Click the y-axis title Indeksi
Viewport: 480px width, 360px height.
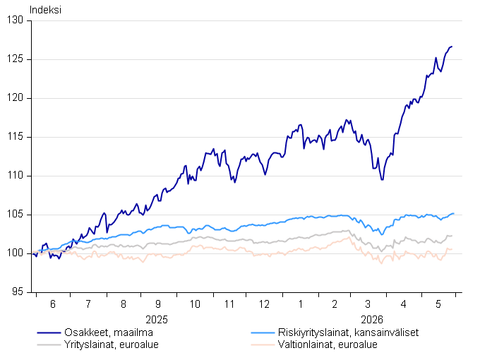[45, 10]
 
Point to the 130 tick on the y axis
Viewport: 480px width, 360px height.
[15, 20]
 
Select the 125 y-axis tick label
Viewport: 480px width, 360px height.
[15, 59]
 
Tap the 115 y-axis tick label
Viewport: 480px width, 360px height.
[15, 137]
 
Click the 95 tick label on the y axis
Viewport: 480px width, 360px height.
[18, 292]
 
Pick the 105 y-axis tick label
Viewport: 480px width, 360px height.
[15, 215]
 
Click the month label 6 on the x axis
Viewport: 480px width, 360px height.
[53, 304]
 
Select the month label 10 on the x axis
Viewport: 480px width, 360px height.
[195, 304]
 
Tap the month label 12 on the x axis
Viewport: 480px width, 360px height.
[264, 304]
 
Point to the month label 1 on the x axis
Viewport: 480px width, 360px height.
[301, 304]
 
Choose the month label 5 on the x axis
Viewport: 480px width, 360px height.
[438, 304]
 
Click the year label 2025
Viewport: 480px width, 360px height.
[157, 320]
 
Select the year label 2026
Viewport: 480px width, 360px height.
[372, 320]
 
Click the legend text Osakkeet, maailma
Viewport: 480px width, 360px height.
[109, 332]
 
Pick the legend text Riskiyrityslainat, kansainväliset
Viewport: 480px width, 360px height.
[348, 332]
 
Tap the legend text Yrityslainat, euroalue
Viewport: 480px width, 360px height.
[112, 344]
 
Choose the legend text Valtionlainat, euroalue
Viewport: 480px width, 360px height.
[328, 344]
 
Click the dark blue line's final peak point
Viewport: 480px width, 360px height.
[452, 47]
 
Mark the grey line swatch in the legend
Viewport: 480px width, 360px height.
[49, 345]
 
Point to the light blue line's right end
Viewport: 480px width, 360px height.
[453, 213]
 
